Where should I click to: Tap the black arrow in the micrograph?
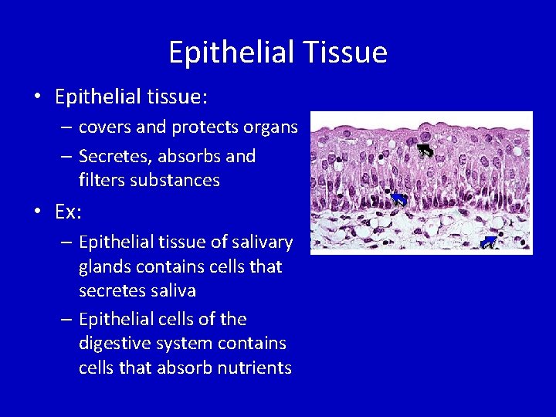pyautogui.click(x=425, y=151)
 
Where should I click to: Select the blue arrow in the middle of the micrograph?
pyautogui.click(x=398, y=199)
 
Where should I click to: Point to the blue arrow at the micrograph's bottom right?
pyautogui.click(x=488, y=243)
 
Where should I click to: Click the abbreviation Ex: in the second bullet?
pyautogui.click(x=69, y=211)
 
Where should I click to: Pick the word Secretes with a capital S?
pyautogui.click(x=115, y=157)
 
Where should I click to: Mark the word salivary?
pyautogui.click(x=264, y=242)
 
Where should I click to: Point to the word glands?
pyautogui.click(x=103, y=267)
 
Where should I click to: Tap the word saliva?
pyautogui.click(x=174, y=291)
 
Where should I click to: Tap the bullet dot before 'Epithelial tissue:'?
pyautogui.click(x=36, y=97)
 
